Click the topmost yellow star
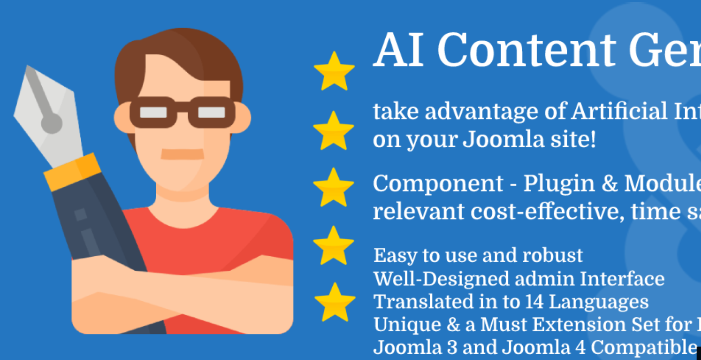click(x=334, y=71)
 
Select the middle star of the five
click(x=333, y=188)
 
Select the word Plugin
click(x=556, y=183)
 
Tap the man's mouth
click(x=182, y=154)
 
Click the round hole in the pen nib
click(x=51, y=123)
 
